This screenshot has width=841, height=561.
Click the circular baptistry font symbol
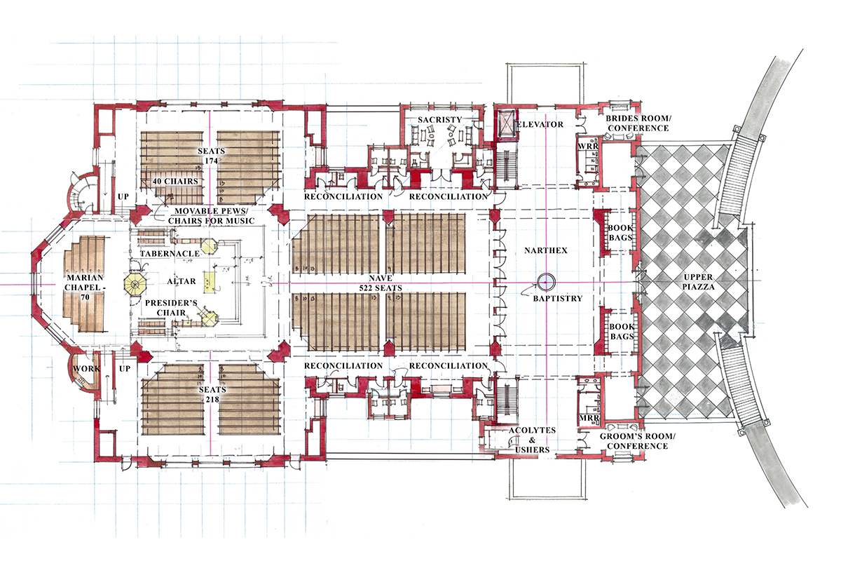coord(546,282)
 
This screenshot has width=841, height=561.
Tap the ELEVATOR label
coord(540,124)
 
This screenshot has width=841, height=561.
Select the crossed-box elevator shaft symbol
coord(505,123)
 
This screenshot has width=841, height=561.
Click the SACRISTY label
coord(439,119)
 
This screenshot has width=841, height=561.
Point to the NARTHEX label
coord(546,250)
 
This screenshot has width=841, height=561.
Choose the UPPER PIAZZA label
coord(698,282)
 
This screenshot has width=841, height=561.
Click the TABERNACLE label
coord(170,254)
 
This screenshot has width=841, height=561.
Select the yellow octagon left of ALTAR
coord(135,284)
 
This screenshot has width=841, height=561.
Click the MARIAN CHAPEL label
coord(85,288)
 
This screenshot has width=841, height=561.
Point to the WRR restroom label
coord(588,146)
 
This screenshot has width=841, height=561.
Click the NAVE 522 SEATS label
coord(381,283)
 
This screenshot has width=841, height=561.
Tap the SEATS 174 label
coord(212,156)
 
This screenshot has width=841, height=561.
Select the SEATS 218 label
coord(212,394)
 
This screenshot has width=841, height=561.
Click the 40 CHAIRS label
coord(175,181)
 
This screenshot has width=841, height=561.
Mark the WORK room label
coord(86,369)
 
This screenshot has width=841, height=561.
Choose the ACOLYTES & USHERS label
coord(532,440)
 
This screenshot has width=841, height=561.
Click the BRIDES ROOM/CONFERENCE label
coord(638,123)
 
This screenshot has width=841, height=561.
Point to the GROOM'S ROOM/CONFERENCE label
coord(638,441)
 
